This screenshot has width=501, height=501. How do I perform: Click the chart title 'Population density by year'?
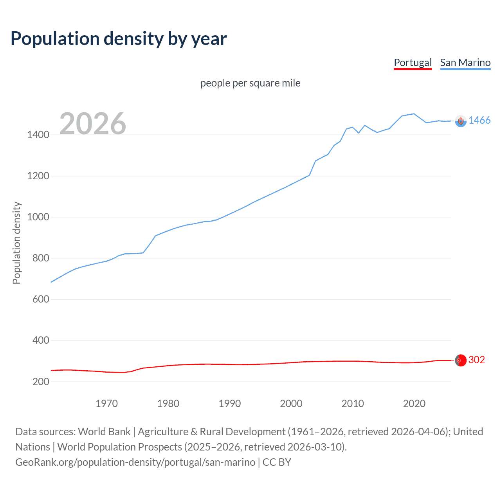pyautogui.click(x=119, y=39)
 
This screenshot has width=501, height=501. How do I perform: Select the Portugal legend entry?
pyautogui.click(x=413, y=63)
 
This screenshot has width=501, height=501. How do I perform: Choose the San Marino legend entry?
pyautogui.click(x=465, y=63)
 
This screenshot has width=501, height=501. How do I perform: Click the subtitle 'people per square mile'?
pyautogui.click(x=250, y=83)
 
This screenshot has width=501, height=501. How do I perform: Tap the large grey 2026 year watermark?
pyautogui.click(x=93, y=124)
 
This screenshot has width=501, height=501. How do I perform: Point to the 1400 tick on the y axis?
pyautogui.click(x=38, y=135)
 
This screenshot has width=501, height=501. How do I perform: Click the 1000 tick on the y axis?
pyautogui.click(x=38, y=217)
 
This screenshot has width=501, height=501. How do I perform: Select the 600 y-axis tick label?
pyautogui.click(x=41, y=299)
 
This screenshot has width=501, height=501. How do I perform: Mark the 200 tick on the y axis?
pyautogui.click(x=41, y=382)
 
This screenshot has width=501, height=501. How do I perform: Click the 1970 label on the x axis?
pyautogui.click(x=106, y=404)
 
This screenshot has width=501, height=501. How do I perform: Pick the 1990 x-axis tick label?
pyautogui.click(x=230, y=404)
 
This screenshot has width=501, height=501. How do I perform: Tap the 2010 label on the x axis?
pyautogui.click(x=353, y=404)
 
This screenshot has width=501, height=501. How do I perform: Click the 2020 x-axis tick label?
pyautogui.click(x=414, y=404)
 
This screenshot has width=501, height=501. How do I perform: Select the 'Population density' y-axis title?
pyautogui.click(x=16, y=243)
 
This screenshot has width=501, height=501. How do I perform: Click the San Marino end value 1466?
pyautogui.click(x=479, y=121)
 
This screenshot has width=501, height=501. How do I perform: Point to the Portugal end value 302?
pyautogui.click(x=476, y=360)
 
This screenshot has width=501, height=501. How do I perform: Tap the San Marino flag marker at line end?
pyautogui.click(x=461, y=121)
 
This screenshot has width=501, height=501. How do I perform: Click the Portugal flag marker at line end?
pyautogui.click(x=461, y=360)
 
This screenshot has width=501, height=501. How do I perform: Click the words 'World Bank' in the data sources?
pyautogui.click(x=104, y=432)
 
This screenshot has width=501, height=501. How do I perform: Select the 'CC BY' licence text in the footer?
pyautogui.click(x=277, y=462)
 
